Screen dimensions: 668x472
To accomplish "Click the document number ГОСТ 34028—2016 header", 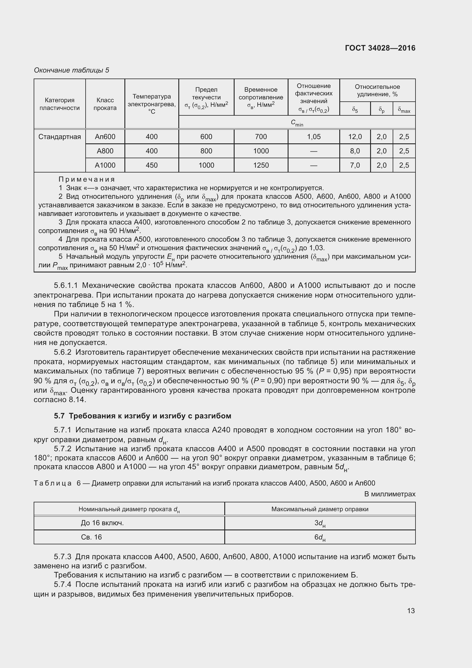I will coord(380,48).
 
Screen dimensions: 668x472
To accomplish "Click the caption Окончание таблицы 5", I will coord(72,70).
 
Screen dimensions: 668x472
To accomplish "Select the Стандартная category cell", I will coord(60,137).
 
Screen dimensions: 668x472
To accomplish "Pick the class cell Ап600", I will coord(105,137).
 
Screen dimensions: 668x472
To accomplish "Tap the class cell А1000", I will coord(105,165).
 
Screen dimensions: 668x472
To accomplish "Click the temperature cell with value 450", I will coord(152,165).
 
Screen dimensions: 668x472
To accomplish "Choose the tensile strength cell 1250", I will coord(261,165).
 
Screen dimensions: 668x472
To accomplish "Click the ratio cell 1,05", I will coord(314,137).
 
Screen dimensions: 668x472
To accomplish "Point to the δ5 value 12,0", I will coord(355,137).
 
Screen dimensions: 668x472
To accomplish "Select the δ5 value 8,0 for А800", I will coord(355,151).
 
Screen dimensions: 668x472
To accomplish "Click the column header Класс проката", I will coord(105,104).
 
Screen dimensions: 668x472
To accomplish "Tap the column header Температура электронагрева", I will coord(152,104).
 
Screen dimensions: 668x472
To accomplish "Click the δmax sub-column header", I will coord(404,110).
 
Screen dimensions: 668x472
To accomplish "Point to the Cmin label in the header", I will coord(297,123).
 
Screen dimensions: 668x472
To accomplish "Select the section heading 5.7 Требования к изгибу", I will coord(142,416).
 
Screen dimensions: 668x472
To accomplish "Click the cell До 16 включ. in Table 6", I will coord(102,523).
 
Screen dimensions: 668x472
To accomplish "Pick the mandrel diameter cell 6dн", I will coord(320,537).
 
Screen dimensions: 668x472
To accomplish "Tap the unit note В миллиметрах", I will coord(390,494).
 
